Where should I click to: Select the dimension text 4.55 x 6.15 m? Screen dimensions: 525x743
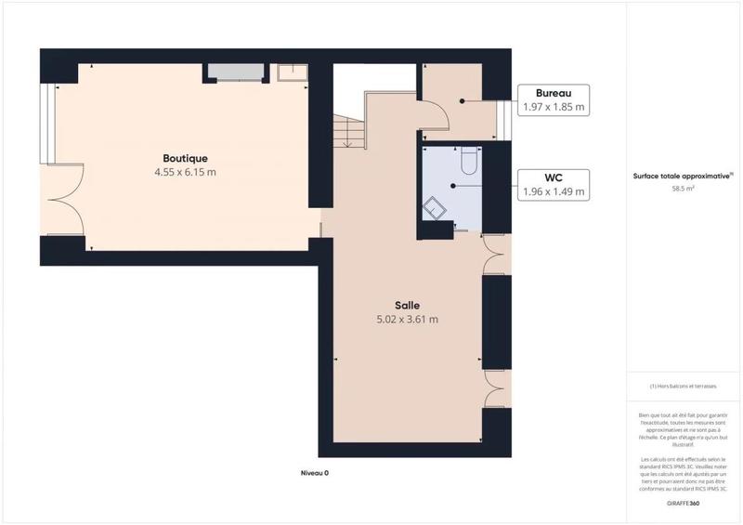coord(186,172)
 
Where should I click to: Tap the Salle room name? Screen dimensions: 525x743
coord(407,305)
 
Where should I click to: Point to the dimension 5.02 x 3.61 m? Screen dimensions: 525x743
coord(407,320)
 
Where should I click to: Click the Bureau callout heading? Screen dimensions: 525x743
coord(554,93)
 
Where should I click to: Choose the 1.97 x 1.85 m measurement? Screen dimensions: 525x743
coord(554,107)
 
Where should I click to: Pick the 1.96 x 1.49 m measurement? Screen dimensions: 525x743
coord(554,191)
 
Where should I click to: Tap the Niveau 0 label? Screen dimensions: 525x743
coord(315,472)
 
